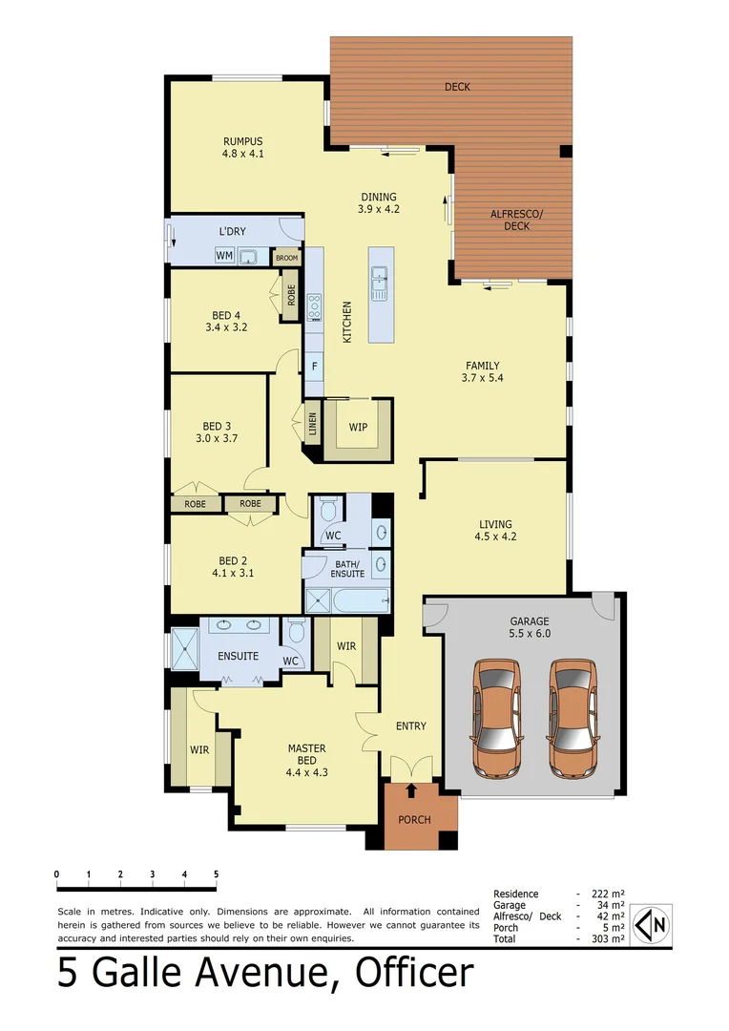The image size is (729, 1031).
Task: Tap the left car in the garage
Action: pyautogui.click(x=497, y=718)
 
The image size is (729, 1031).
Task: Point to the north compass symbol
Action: pyautogui.click(x=652, y=924)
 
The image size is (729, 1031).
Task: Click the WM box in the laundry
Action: pyautogui.click(x=224, y=256)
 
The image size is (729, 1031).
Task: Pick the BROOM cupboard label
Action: pyautogui.click(x=286, y=258)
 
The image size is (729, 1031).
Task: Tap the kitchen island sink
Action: pyautogui.click(x=380, y=283)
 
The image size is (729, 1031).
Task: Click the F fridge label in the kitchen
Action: pyautogui.click(x=314, y=366)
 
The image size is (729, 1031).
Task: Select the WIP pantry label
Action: pyautogui.click(x=358, y=427)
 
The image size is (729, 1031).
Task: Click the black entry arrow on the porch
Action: pyautogui.click(x=411, y=790)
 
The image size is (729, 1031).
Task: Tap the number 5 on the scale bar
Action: pyautogui.click(x=216, y=874)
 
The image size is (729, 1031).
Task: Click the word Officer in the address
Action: pyautogui.click(x=414, y=973)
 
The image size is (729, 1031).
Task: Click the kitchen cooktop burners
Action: pyautogui.click(x=314, y=305)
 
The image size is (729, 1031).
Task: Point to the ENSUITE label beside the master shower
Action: pyautogui.click(x=238, y=657)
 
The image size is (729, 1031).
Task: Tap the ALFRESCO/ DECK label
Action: pyautogui.click(x=516, y=220)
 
